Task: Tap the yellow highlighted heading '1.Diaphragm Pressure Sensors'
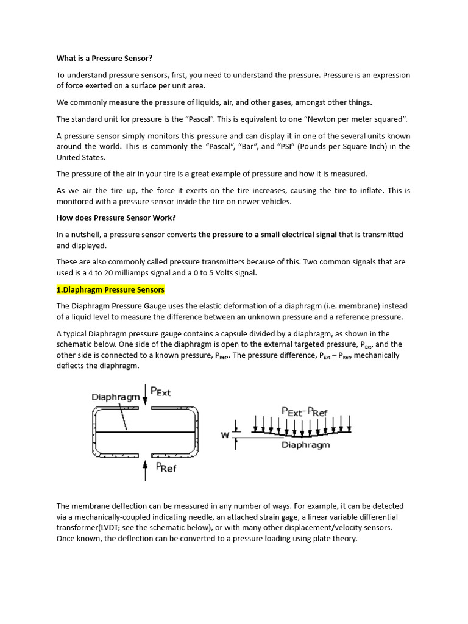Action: pyautogui.click(x=110, y=289)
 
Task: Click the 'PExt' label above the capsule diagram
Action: pyautogui.click(x=160, y=392)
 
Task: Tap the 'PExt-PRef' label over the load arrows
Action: pyautogui.click(x=305, y=411)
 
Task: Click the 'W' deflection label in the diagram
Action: pyautogui.click(x=224, y=435)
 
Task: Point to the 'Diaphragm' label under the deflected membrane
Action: pyautogui.click(x=305, y=445)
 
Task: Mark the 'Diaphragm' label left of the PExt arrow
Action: pyautogui.click(x=116, y=397)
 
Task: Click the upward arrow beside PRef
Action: pyautogui.click(x=145, y=470)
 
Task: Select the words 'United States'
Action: pyautogui.click(x=81, y=157)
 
